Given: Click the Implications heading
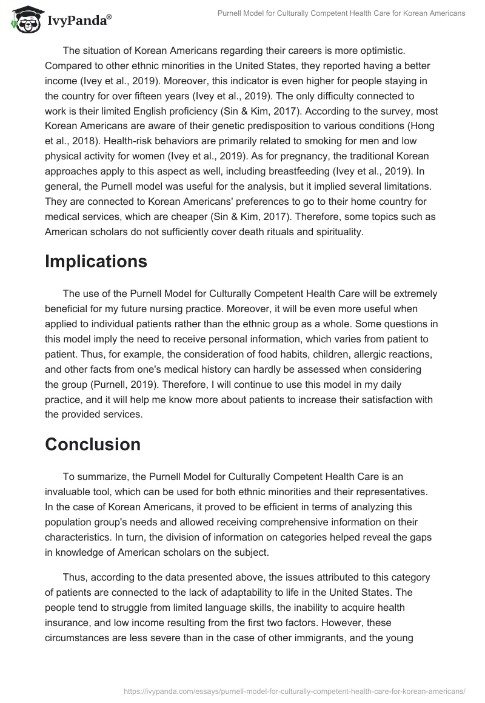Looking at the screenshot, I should (96, 261).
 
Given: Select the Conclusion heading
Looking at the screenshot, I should (93, 444).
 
